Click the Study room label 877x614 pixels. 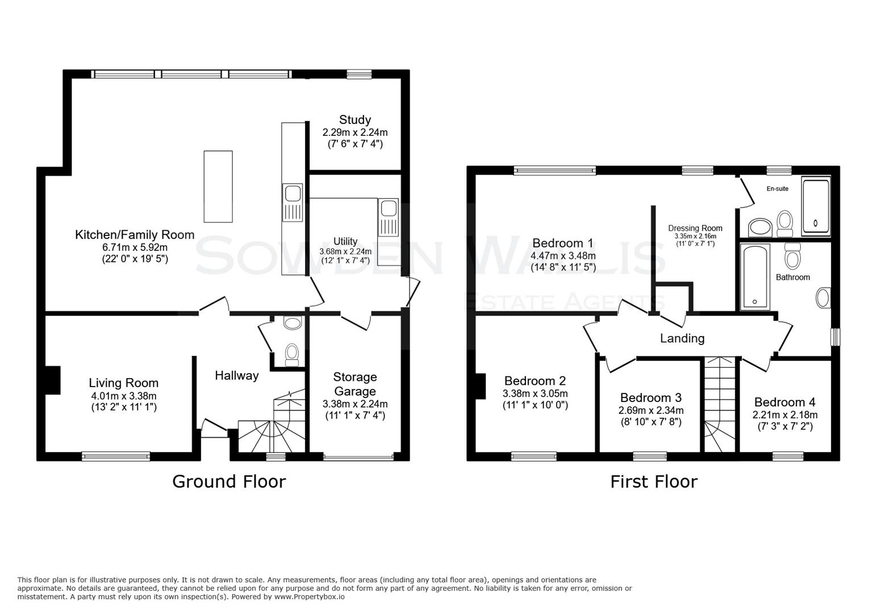355,120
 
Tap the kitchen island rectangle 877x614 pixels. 218,186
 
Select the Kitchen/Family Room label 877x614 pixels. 135,234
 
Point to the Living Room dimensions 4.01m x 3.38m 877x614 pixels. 123,396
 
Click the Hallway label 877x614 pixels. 236,375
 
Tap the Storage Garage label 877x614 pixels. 355,384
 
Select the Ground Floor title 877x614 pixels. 228,482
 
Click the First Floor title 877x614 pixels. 653,482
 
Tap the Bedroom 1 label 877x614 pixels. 562,243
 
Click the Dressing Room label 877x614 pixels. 695,228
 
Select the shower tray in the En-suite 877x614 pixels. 816,206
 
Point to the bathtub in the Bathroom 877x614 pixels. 755,277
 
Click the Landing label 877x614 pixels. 682,338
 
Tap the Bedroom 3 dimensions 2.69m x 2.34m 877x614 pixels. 651,410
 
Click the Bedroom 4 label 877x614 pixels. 784,402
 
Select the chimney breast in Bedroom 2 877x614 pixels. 481,387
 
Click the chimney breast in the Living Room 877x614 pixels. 53,379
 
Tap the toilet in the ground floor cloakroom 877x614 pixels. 292,353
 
